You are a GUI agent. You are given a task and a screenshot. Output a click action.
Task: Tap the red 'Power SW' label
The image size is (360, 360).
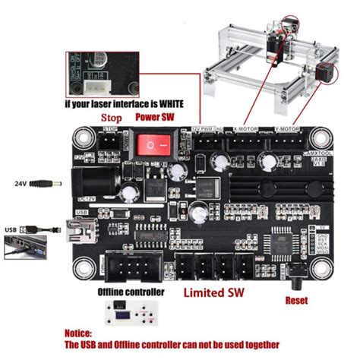(156, 117)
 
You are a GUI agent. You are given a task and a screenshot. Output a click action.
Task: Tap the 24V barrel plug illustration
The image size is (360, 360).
(45, 184)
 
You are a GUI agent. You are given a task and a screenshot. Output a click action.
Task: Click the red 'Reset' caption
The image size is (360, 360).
(297, 300)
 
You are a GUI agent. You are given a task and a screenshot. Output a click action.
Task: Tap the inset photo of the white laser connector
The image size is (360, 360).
(122, 73)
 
